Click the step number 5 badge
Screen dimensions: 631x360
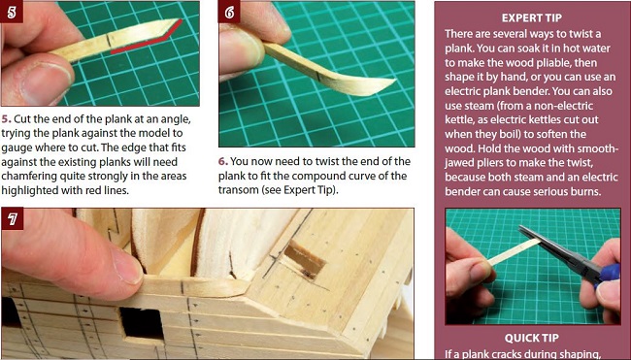[12, 12]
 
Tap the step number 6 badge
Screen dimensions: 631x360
[229, 12]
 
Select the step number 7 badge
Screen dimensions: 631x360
[12, 218]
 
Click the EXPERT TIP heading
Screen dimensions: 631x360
[532, 18]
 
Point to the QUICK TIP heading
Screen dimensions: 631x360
[532, 338]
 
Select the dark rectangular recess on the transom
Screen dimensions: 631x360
[305, 260]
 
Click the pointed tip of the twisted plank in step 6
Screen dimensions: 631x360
[395, 80]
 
